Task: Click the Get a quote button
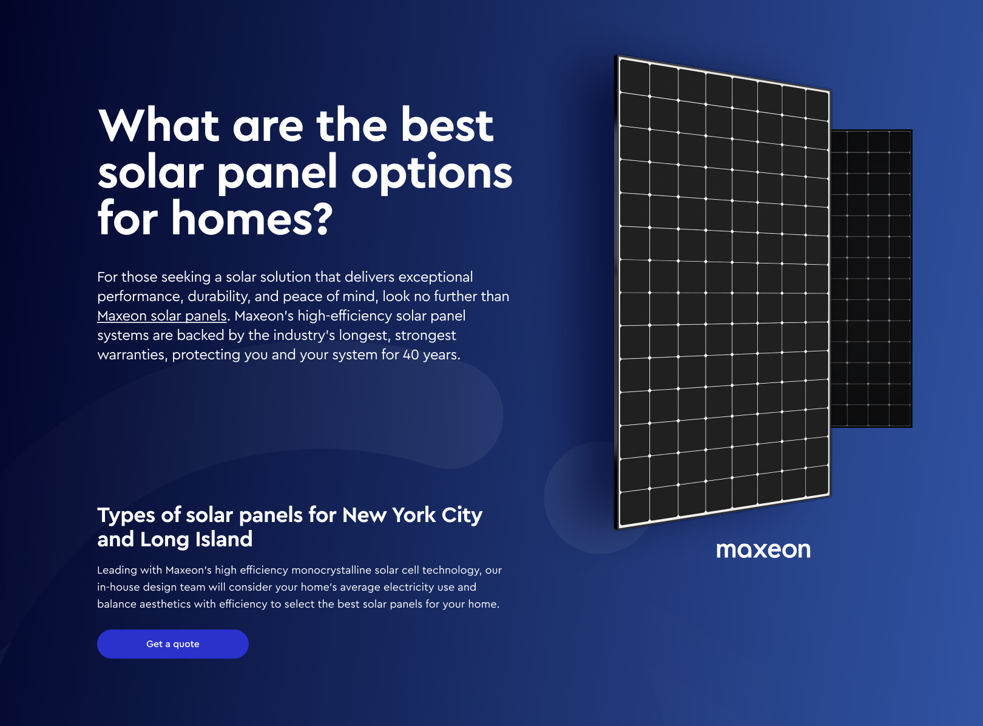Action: [173, 644]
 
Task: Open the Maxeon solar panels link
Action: [162, 316]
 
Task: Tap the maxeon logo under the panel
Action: [763, 550]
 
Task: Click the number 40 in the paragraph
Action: [411, 355]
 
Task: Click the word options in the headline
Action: [432, 173]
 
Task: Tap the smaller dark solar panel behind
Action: [871, 279]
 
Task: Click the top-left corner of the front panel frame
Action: [616, 55]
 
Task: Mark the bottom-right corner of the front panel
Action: [830, 495]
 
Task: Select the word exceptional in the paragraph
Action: [436, 277]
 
